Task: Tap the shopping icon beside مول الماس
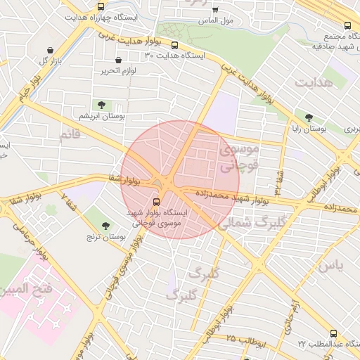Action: [x=214, y=10]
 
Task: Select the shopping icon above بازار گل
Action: [x=51, y=50]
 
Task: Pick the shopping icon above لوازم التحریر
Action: [x=117, y=60]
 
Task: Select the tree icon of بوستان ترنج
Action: [x=105, y=226]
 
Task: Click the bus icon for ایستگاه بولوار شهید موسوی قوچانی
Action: [x=155, y=200]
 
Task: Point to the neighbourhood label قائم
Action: [x=70, y=136]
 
